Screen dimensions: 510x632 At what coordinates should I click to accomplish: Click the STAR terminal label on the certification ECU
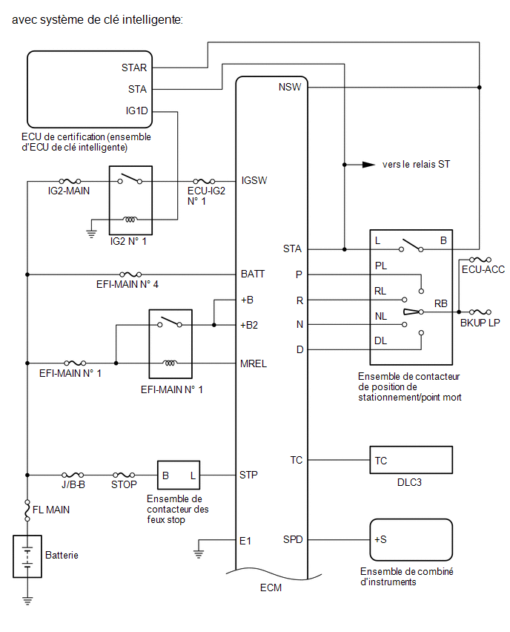(134, 68)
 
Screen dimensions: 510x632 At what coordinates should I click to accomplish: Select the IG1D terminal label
(136, 111)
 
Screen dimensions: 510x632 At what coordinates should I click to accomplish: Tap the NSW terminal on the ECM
(290, 87)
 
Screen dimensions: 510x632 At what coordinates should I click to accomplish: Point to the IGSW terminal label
(254, 180)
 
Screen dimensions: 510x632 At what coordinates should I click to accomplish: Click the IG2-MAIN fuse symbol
(70, 182)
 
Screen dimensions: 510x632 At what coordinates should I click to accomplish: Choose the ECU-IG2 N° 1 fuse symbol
(204, 182)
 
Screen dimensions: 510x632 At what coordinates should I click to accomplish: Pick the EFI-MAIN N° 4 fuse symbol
(130, 274)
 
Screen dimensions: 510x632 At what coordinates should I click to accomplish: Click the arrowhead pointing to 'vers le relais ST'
(368, 165)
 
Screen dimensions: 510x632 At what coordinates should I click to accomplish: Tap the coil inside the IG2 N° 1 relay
(130, 220)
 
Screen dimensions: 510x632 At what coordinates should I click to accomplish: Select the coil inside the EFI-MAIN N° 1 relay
(170, 363)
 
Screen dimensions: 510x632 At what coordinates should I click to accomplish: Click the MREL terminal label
(254, 363)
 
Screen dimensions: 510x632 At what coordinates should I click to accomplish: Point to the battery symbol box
(27, 556)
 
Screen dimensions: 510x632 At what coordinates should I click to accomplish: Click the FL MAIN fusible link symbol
(27, 510)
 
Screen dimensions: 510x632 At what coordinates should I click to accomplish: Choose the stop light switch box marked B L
(179, 475)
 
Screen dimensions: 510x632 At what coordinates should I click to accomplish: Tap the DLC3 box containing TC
(411, 460)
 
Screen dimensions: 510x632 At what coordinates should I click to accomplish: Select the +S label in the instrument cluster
(380, 539)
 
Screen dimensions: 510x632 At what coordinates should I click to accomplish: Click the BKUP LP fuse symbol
(480, 312)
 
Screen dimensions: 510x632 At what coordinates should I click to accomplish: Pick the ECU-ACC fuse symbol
(480, 260)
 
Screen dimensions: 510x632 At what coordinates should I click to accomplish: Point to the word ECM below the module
(271, 587)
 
